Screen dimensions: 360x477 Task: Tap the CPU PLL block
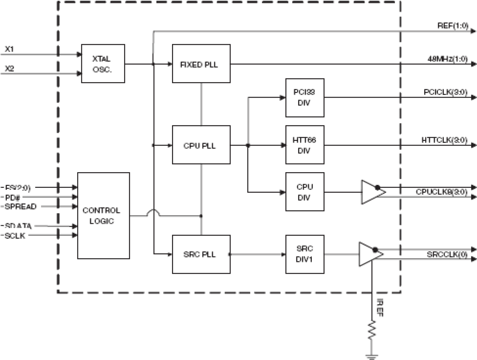point(201,145)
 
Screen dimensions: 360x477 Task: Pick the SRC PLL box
point(201,254)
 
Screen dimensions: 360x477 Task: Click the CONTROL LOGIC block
point(103,215)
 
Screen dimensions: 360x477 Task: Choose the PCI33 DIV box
point(305,98)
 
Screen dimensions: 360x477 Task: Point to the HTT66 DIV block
point(305,145)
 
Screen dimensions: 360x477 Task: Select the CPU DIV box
point(305,192)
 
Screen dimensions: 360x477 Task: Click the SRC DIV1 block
point(305,254)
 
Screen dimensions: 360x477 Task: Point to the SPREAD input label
point(21,206)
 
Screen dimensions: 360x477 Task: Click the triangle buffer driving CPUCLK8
point(371,192)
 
